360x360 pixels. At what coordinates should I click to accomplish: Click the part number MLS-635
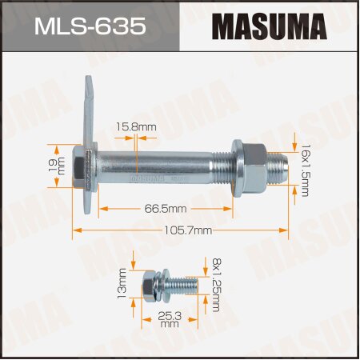point(90,28)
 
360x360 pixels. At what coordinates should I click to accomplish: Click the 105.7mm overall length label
point(184,230)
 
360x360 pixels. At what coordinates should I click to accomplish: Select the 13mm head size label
point(122,285)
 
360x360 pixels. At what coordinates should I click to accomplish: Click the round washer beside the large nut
point(238,169)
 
